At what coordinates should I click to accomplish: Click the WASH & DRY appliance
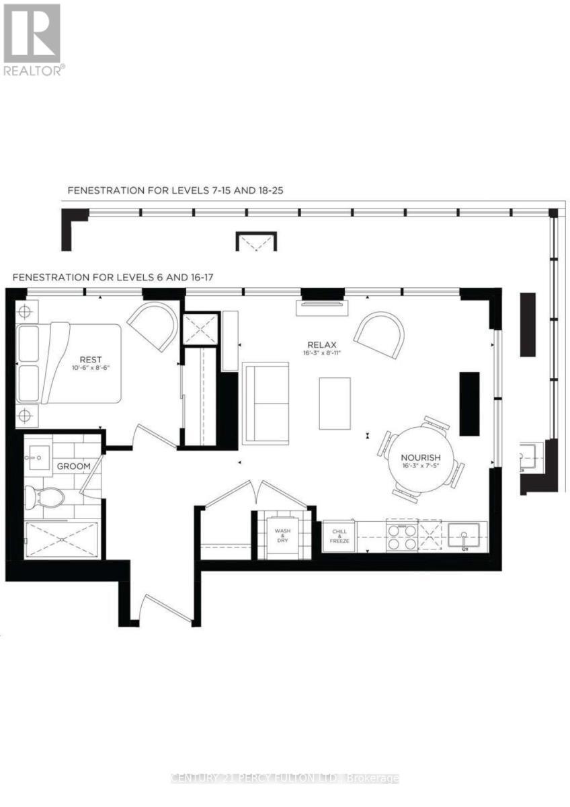282,535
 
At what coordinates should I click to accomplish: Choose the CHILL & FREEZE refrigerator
339,535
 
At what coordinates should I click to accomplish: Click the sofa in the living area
266,403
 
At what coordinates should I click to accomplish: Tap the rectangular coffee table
335,403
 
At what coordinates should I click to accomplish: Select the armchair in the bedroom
153,325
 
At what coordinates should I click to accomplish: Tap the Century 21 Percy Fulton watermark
285,778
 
